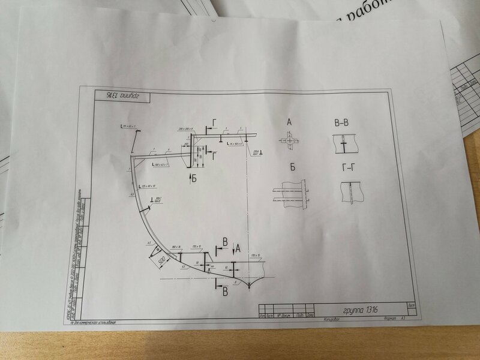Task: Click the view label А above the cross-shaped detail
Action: [289, 122]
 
